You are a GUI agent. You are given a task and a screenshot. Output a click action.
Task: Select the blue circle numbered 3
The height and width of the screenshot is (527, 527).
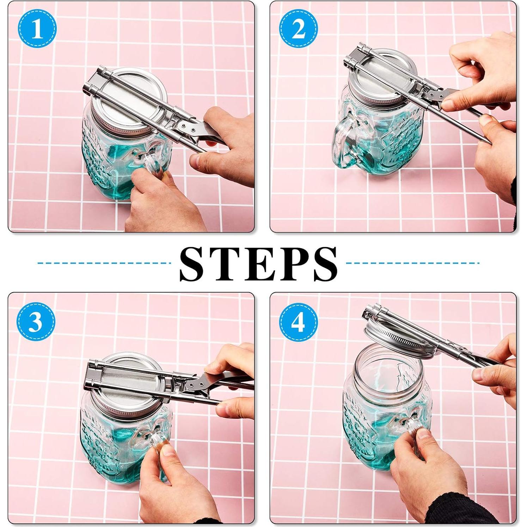coord(36,321)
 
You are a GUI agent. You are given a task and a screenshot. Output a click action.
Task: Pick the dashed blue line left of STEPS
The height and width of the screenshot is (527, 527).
coord(104,263)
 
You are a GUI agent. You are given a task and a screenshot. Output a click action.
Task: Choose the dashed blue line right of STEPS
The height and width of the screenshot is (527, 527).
coord(413,263)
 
